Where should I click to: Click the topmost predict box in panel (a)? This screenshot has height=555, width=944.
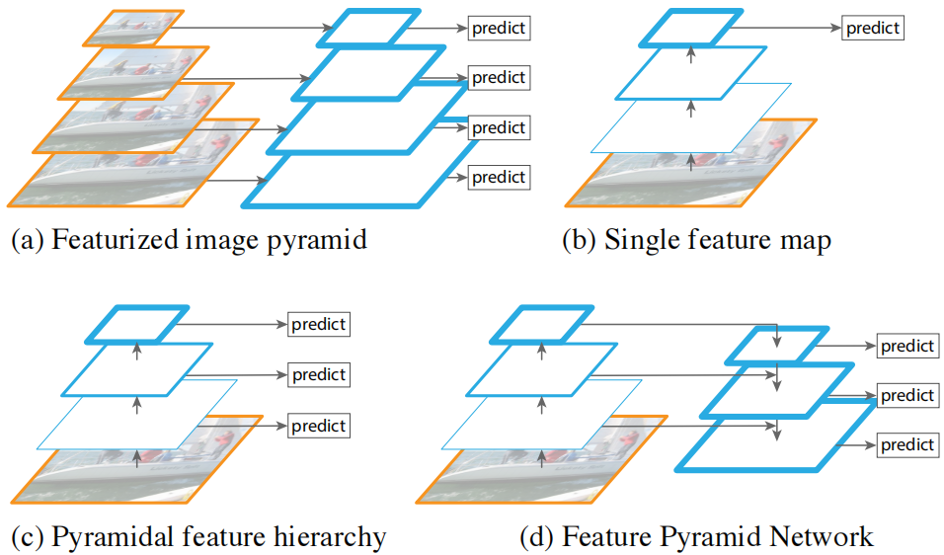click(x=499, y=28)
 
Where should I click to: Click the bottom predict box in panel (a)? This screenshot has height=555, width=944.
click(x=499, y=178)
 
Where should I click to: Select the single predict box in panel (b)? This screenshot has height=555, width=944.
click(x=873, y=28)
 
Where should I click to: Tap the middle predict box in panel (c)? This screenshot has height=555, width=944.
click(x=319, y=374)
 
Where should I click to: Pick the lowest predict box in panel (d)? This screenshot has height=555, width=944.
click(x=907, y=445)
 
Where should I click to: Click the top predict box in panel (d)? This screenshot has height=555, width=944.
click(x=907, y=347)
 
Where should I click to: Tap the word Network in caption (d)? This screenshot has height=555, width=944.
click(x=824, y=537)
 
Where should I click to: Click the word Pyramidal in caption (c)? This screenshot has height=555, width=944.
click(x=108, y=537)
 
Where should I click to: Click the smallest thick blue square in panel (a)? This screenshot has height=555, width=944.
click(x=359, y=28)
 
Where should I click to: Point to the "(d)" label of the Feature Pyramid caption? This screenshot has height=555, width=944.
click(x=537, y=537)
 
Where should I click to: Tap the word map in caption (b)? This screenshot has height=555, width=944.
click(x=806, y=240)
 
